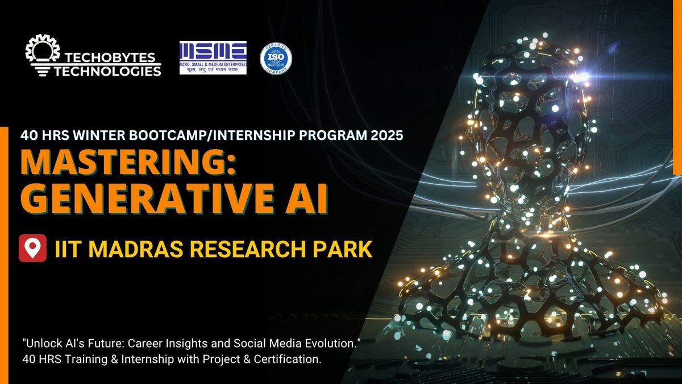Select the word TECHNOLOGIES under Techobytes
pos(107,71)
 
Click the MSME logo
pos(213,58)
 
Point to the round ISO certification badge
pos(276,58)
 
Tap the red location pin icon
pos(32,249)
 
